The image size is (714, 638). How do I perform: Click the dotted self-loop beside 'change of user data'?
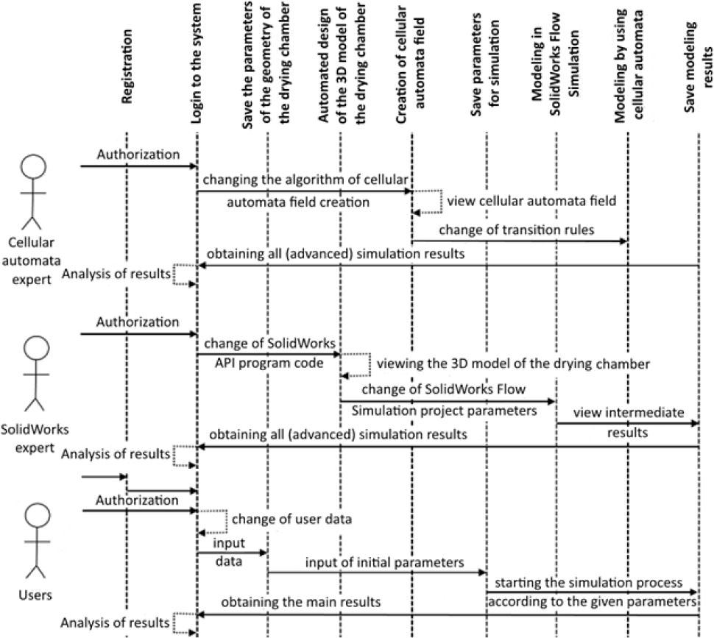point(213,520)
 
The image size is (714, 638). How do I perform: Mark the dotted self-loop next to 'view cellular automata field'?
point(428,200)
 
